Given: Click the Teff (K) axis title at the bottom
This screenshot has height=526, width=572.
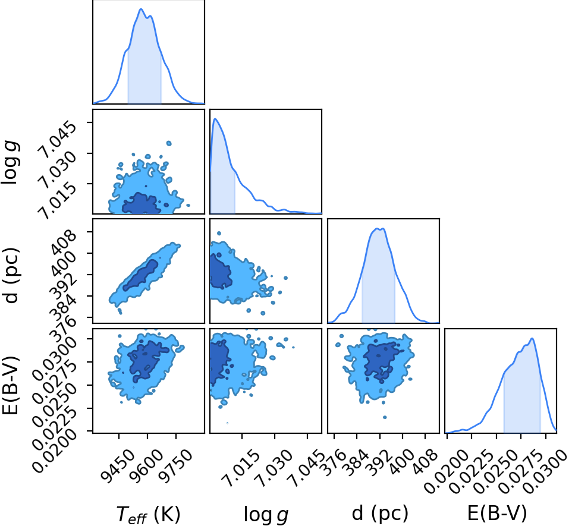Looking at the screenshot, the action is (149, 514).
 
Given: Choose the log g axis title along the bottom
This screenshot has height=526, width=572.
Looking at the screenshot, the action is (266, 514).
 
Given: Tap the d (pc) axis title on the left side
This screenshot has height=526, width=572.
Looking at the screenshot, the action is (12, 275).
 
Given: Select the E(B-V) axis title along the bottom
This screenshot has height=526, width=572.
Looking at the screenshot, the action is (497, 513).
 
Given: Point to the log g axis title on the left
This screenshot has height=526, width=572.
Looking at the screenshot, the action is (11, 163).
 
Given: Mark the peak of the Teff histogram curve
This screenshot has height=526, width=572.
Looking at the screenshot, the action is (141, 9).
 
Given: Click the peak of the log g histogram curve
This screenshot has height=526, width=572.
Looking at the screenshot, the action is (215, 119).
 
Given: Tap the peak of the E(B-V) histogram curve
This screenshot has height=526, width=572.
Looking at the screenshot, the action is (532, 339).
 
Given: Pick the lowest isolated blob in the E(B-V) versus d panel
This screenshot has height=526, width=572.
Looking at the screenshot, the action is (385, 417).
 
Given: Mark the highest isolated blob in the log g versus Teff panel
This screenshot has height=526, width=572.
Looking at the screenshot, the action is (168, 143).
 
